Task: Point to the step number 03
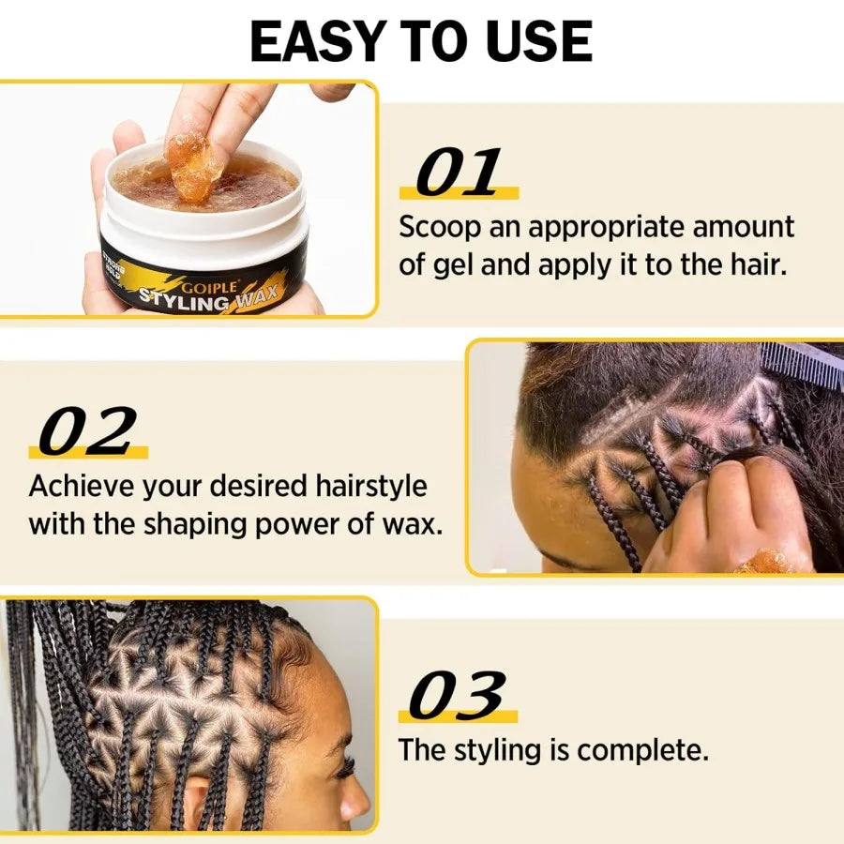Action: point(458,698)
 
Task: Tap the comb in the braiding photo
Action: point(803,364)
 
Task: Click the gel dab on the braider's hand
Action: point(764,562)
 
